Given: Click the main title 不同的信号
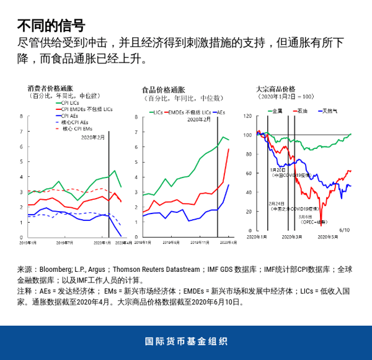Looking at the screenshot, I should point(51,25).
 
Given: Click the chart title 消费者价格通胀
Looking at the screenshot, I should point(50,88).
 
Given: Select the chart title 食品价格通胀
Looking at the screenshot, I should point(164,89).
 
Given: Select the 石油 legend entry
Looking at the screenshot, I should point(302,110).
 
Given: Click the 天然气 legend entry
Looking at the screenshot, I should point(330,110).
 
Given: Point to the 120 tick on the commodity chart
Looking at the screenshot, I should point(247,116).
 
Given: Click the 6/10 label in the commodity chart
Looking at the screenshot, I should point(346,230).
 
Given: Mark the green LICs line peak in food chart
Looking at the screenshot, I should point(223,137).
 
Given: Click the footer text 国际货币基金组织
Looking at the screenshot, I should point(185,341).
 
